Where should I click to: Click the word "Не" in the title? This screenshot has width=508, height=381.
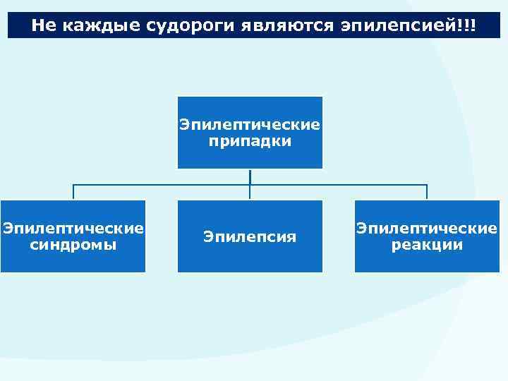tap(43, 26)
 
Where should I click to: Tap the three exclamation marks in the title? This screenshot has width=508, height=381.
tap(466, 26)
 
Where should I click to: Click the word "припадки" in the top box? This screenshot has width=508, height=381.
tap(250, 141)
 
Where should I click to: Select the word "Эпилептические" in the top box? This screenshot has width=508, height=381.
tap(250, 125)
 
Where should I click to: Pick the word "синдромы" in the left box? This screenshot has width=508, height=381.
tap(73, 245)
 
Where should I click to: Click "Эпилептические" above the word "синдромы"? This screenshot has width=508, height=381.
tap(73, 229)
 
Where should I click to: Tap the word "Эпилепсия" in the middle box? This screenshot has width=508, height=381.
tap(250, 236)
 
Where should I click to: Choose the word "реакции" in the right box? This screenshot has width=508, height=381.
tap(427, 245)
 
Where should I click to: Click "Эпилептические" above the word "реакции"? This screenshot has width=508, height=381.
tap(427, 229)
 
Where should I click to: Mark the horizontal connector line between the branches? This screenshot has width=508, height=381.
tap(162, 186)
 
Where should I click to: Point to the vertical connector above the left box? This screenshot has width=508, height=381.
tap(73, 193)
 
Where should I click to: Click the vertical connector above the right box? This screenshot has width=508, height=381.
tap(427, 193)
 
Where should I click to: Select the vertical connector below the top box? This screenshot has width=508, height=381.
tap(250, 176)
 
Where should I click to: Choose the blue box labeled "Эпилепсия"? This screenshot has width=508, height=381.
tap(250, 258)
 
